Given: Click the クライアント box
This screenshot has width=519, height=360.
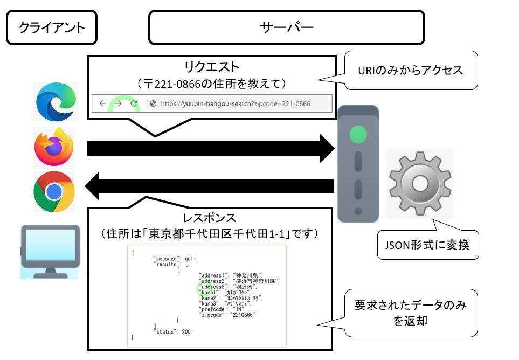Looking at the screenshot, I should click(x=52, y=27).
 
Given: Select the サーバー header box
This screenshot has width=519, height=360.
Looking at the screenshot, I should click(x=286, y=27).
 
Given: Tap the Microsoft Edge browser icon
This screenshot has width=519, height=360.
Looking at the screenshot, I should click(x=55, y=102).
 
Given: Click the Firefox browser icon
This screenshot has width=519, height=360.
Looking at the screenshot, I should click(x=54, y=147).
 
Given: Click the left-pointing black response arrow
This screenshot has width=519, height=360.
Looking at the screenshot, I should click(x=210, y=186).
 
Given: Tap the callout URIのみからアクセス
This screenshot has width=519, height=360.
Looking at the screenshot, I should click(x=411, y=70).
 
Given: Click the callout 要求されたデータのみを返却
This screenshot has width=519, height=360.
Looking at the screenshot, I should click(x=411, y=313).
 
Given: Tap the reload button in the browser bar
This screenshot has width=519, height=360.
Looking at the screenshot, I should click(x=133, y=103).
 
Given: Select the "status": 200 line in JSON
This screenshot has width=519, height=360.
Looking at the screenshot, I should click(x=172, y=331).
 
